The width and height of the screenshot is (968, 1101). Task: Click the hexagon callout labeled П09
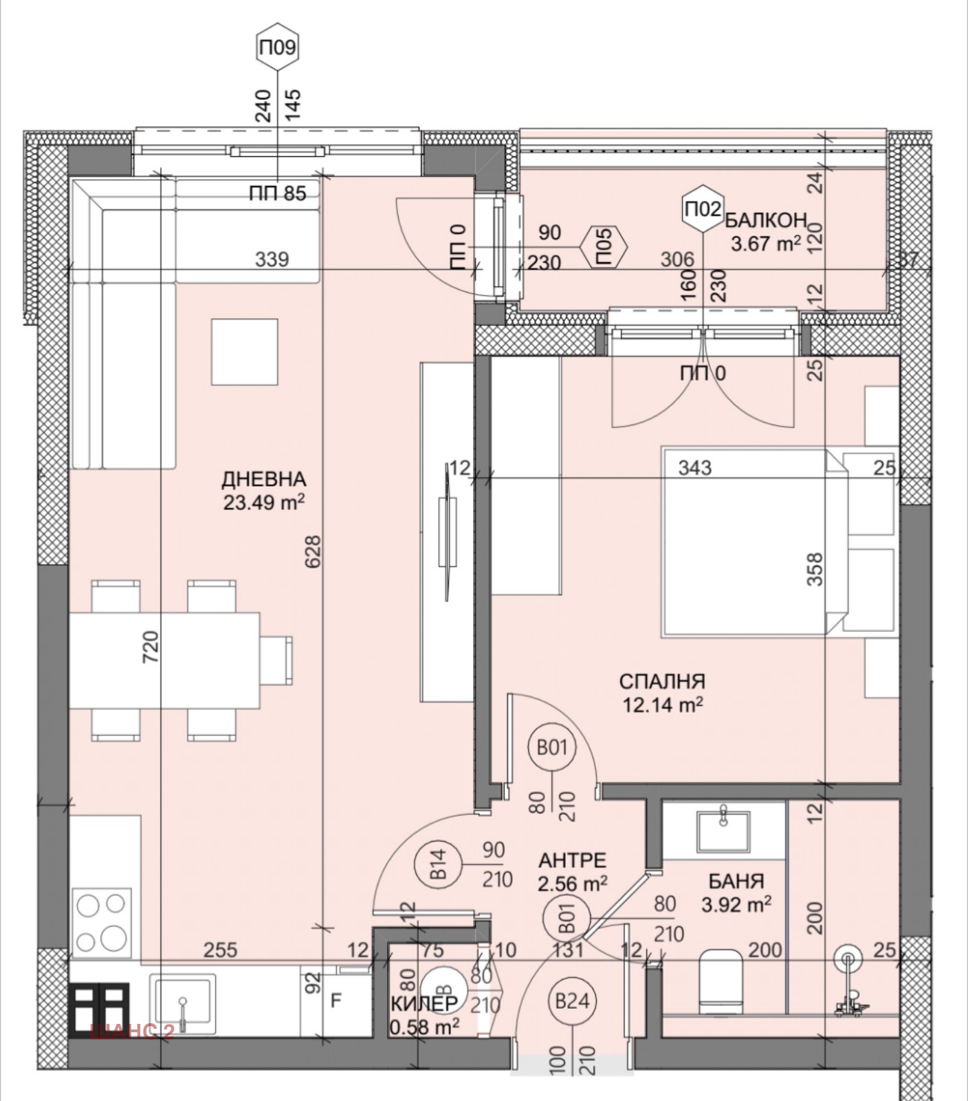(278, 48)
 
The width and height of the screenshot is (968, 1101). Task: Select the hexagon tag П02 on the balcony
(702, 207)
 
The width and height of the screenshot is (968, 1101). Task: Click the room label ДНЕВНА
(263, 478)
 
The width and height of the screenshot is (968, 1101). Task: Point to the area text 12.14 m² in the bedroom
(662, 705)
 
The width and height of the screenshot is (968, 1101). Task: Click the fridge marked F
(335, 1001)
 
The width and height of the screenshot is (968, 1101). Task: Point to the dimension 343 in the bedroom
(694, 468)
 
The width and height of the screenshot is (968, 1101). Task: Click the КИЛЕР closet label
(424, 1003)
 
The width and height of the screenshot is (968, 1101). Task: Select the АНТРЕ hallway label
(572, 860)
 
